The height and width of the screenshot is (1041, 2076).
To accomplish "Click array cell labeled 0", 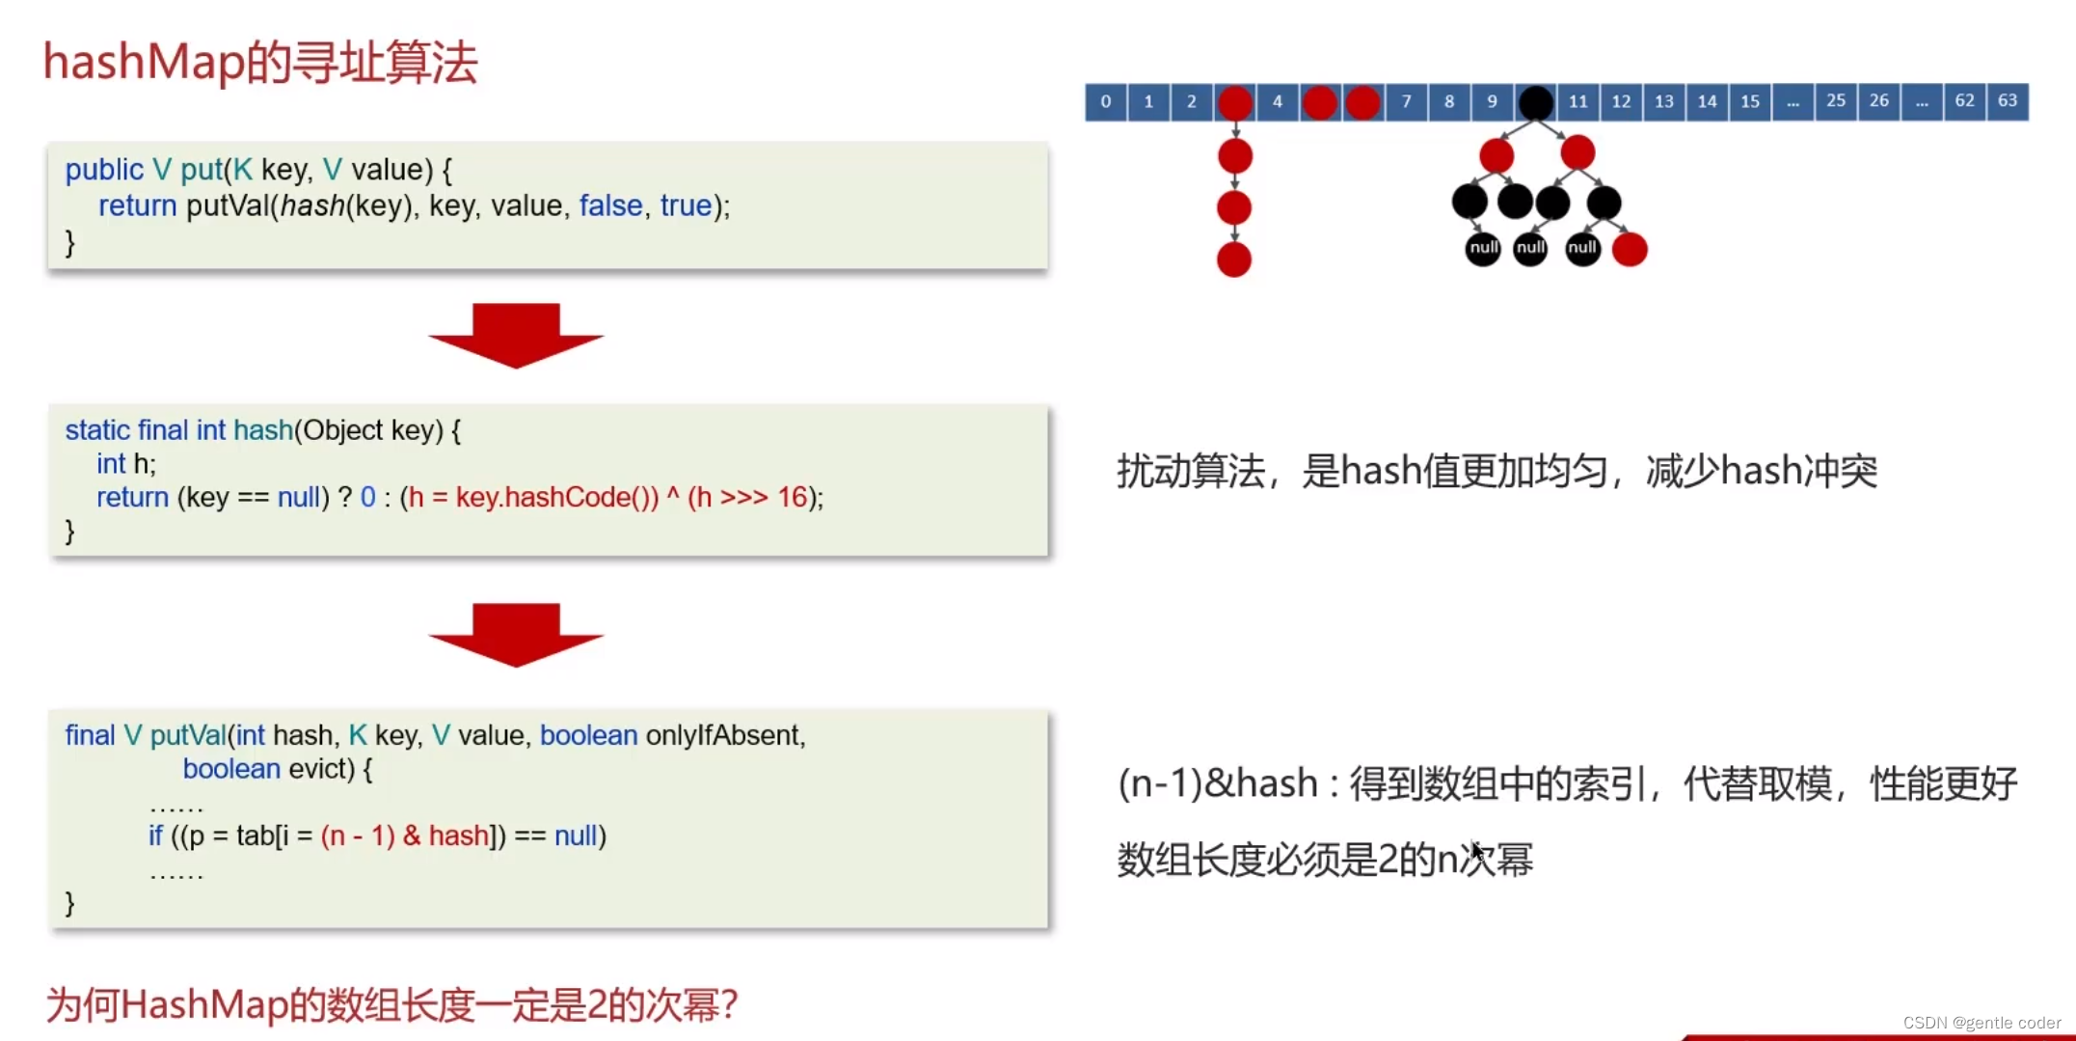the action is point(1105,101).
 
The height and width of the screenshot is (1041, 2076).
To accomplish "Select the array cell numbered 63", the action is point(2007,101).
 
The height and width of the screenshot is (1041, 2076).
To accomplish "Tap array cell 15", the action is point(1749,101).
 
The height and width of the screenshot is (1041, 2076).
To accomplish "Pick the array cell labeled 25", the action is point(1835,101).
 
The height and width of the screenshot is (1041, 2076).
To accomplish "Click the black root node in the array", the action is point(1535,102).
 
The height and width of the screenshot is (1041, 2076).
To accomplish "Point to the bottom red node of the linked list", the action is point(1234,260).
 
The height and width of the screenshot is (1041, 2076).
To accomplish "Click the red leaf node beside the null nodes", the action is point(1630,250).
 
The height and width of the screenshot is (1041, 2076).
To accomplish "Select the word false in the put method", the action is point(610,205).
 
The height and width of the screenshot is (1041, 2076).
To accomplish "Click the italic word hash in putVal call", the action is point(311,205).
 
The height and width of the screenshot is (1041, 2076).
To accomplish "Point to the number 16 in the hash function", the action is point(792,497).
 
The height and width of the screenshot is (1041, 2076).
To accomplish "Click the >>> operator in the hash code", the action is point(743,497).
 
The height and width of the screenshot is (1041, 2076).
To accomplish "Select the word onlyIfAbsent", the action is point(723,735).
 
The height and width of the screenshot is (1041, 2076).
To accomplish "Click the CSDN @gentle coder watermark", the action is point(1981,1023).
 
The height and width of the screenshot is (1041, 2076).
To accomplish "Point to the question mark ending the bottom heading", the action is point(729,1005).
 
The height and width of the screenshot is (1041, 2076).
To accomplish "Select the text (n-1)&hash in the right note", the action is point(1217,783).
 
